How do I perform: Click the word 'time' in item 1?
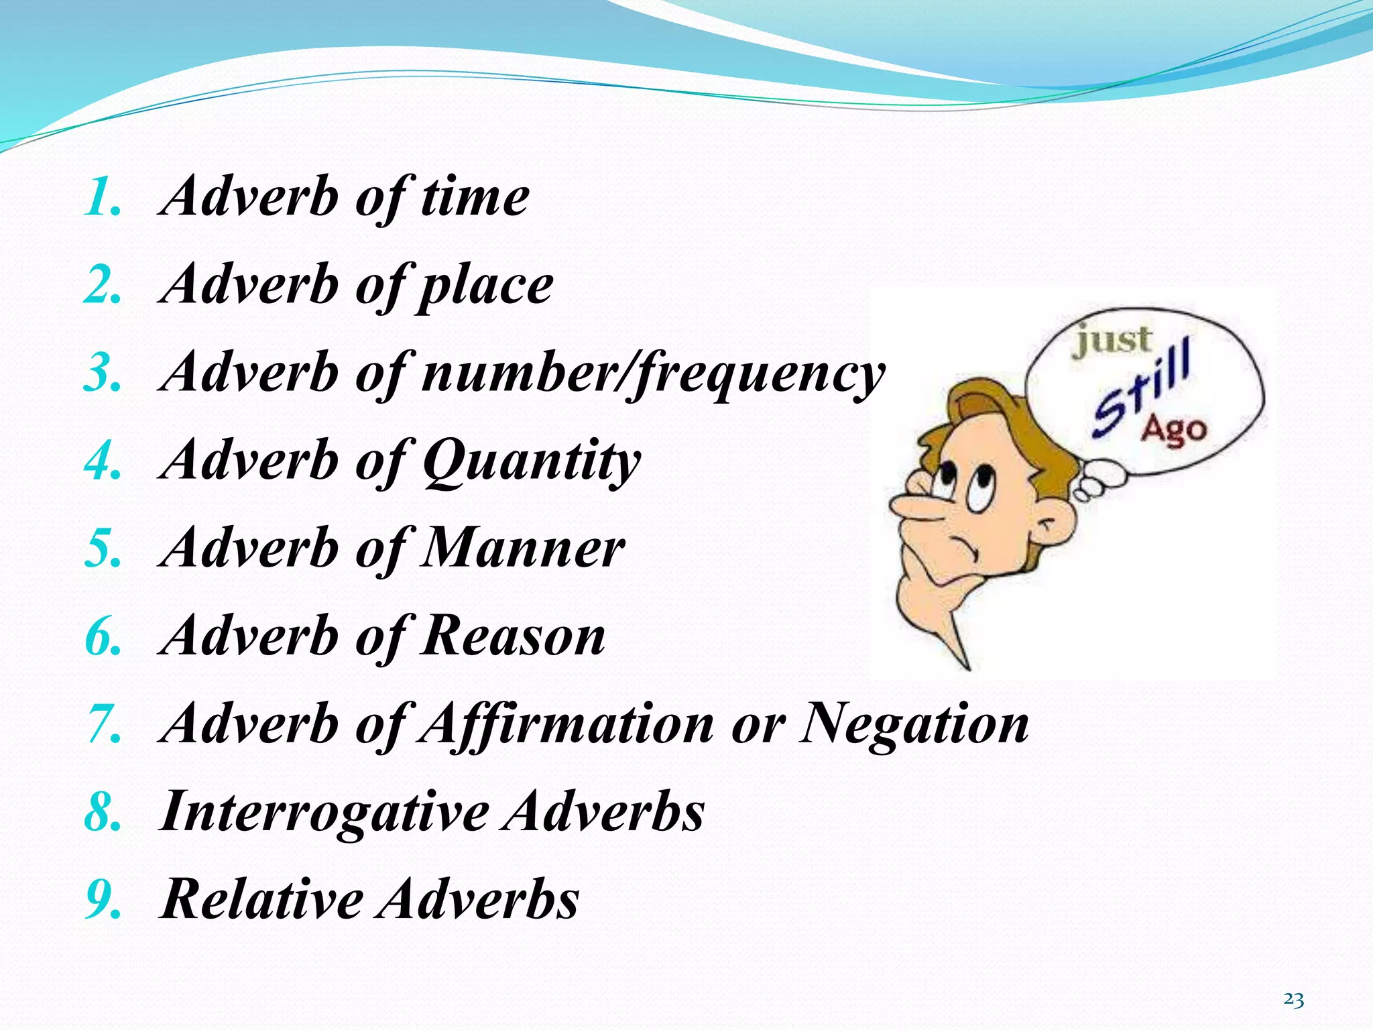[475, 197]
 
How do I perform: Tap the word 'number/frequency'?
[654, 374]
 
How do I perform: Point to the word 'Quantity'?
[532, 461]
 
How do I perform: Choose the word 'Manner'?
[524, 549]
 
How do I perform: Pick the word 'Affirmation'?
[567, 724]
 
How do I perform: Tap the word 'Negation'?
[914, 724]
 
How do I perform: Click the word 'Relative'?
[262, 899]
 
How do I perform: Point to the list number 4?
[103, 463]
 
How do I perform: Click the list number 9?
[103, 901]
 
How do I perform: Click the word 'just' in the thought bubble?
[1113, 341]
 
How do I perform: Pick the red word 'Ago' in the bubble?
[1173, 429]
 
